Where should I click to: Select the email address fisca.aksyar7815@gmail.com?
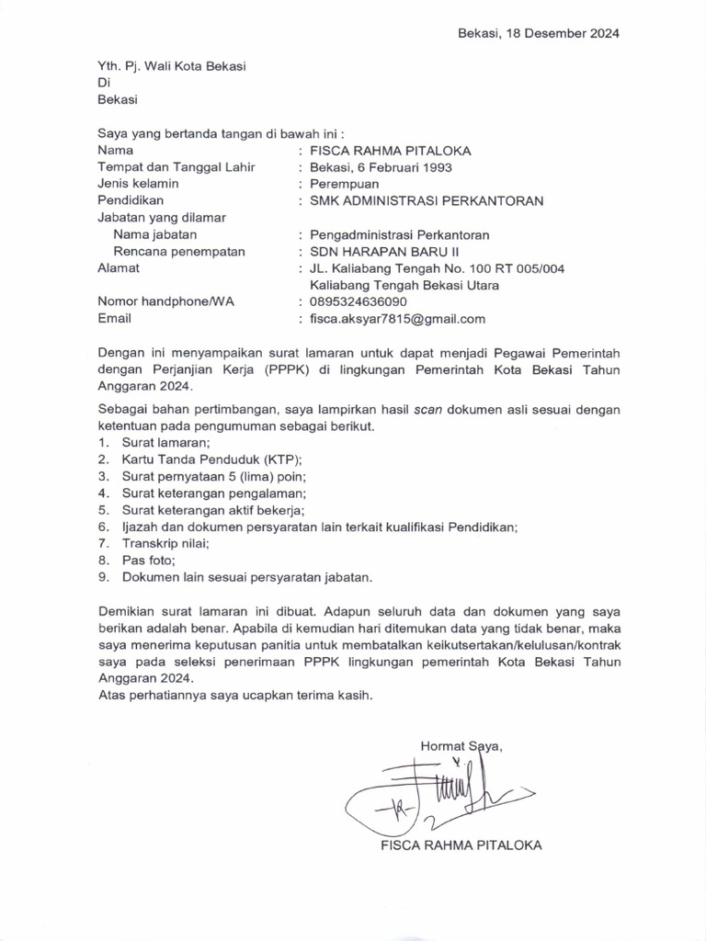pyautogui.click(x=397, y=319)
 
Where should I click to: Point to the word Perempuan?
pyautogui.click(x=345, y=184)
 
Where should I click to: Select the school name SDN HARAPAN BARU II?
pyautogui.click(x=384, y=251)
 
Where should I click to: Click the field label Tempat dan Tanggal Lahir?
pyautogui.click(x=176, y=167)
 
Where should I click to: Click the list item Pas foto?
pyautogui.click(x=148, y=560)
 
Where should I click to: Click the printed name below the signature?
pyautogui.click(x=461, y=845)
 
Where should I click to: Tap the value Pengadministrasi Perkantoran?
pyautogui.click(x=400, y=234)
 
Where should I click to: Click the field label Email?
pyautogui.click(x=114, y=318)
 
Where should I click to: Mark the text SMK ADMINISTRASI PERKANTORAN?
pyautogui.click(x=427, y=200)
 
